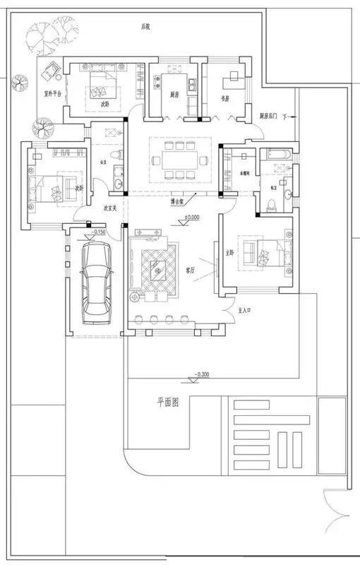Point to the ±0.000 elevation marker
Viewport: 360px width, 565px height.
click(191, 217)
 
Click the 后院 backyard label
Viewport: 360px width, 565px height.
click(145, 27)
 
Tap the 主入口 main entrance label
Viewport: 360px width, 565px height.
click(246, 309)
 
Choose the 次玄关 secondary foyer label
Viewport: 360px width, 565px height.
click(109, 208)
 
